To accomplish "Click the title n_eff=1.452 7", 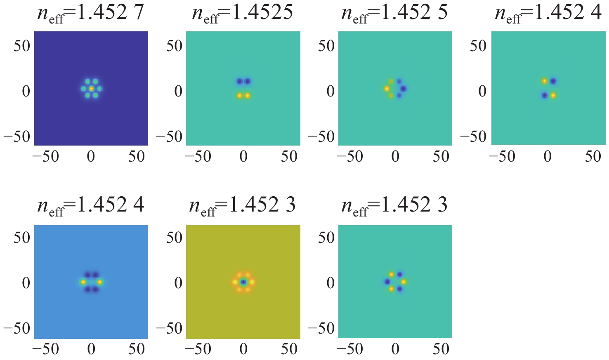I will pyautogui.click(x=91, y=13).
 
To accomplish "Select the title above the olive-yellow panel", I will pyautogui.click(x=243, y=205).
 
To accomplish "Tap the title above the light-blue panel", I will pyautogui.click(x=91, y=205).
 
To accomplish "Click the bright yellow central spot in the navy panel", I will pyautogui.click(x=91, y=88).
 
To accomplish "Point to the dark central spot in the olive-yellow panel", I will pyautogui.click(x=243, y=282).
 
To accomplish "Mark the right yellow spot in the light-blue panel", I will pyautogui.click(x=99, y=282).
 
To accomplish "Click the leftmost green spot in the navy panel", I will pyautogui.click(x=83, y=88).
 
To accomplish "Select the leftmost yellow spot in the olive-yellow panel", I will pyautogui.click(x=235, y=282).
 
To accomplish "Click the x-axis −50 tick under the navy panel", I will pyautogui.click(x=45, y=157).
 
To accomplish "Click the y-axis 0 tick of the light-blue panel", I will pyautogui.click(x=26, y=283).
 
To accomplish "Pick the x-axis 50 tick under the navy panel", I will pyautogui.click(x=137, y=157).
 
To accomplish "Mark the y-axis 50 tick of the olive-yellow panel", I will pyautogui.click(x=175, y=238).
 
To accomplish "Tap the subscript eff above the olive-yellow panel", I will pyautogui.click(x=208, y=212).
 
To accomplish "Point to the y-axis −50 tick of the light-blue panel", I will pyautogui.click(x=17, y=329).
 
